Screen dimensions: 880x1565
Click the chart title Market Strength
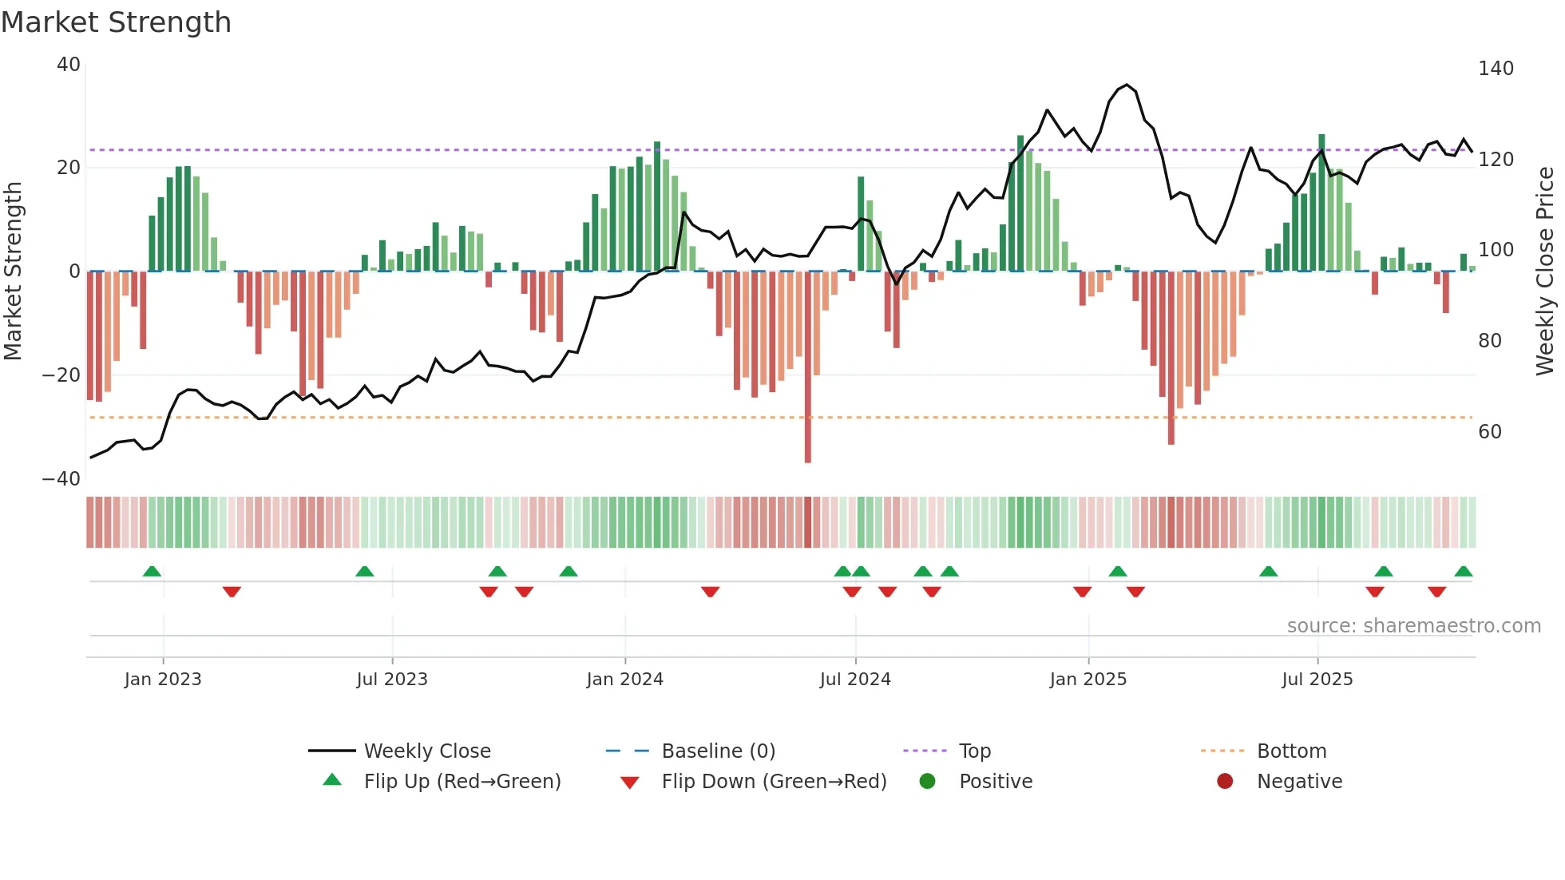pos(116,22)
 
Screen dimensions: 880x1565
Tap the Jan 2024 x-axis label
pos(624,680)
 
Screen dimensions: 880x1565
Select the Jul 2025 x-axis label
pos(1317,680)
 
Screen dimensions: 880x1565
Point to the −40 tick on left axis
pos(61,479)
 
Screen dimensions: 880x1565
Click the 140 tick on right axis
pos(1496,69)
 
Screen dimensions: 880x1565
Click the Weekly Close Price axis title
pos(1546,272)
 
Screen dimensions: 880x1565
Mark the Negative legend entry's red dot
pos(1225,781)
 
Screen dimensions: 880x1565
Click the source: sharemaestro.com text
pos(1413,626)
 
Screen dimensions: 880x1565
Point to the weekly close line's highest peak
pos(1127,85)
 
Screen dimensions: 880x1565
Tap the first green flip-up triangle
pos(152,571)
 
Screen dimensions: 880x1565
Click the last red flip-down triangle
pos(1436,592)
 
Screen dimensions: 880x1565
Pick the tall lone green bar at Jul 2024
pos(861,224)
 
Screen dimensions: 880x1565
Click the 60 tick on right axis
pos(1490,432)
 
